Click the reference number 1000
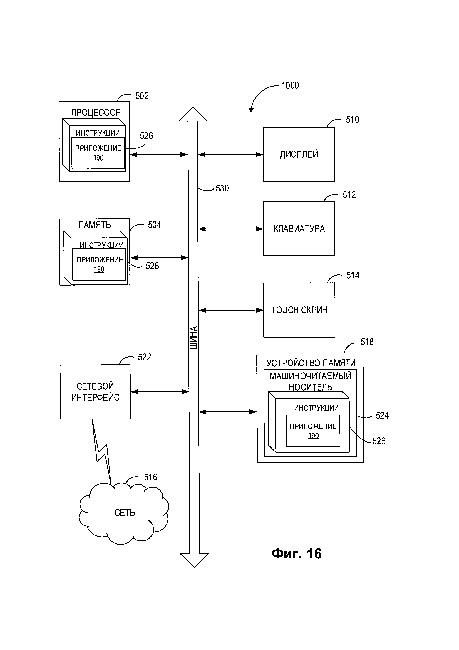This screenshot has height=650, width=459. pyautogui.click(x=290, y=85)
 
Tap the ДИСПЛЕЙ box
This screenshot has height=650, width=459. pyautogui.click(x=299, y=154)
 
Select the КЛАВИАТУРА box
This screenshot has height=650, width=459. pyautogui.click(x=299, y=229)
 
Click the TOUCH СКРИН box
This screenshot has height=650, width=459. pyautogui.click(x=299, y=310)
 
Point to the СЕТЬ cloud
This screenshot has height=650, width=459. pyautogui.click(x=124, y=513)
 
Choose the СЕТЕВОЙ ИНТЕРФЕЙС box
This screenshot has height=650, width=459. pyautogui.click(x=95, y=392)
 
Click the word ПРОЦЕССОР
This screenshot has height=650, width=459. pyautogui.click(x=96, y=113)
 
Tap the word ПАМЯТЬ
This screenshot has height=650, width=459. pyautogui.click(x=95, y=225)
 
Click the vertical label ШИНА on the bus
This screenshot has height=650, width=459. pyautogui.click(x=193, y=338)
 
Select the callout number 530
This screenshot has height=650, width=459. pyautogui.click(x=222, y=188)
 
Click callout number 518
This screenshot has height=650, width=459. pyautogui.click(x=367, y=342)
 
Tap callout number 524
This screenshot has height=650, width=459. pyautogui.click(x=382, y=416)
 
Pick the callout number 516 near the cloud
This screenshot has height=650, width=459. pyautogui.click(x=150, y=477)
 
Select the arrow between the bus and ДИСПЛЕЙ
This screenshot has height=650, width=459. pyautogui.click(x=230, y=155)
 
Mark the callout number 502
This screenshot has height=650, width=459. pyautogui.click(x=142, y=96)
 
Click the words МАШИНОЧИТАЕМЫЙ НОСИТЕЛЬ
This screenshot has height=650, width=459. pyautogui.click(x=310, y=381)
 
